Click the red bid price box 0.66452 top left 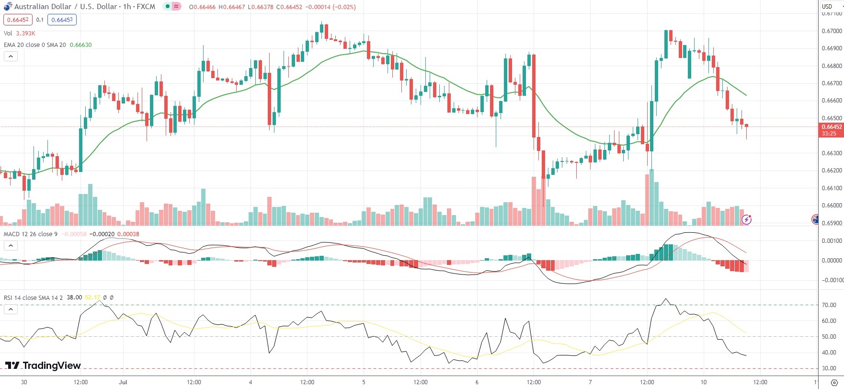click(18, 20)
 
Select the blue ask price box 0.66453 click(62, 20)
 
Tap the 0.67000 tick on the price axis click(832, 31)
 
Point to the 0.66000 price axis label click(832, 206)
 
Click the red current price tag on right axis click(831, 130)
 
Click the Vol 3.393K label click(20, 33)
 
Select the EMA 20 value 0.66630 click(80, 45)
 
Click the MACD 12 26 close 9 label click(31, 234)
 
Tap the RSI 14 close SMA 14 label click(33, 297)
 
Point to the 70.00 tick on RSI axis click(829, 305)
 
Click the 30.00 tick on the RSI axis click(829, 368)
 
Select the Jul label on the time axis click(123, 382)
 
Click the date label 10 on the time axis click(703, 382)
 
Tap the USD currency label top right click(827, 6)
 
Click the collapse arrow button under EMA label click(11, 56)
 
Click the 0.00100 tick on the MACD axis click(832, 241)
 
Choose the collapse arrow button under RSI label click(11, 309)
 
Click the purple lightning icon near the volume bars click(746, 219)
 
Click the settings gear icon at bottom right click(834, 382)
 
